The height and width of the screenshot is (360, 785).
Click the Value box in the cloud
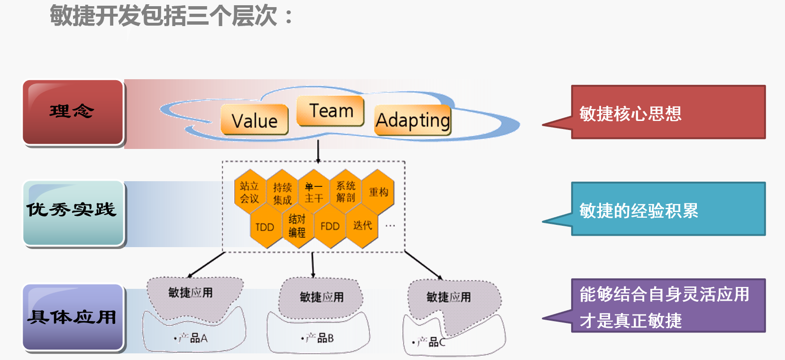tap(255, 120)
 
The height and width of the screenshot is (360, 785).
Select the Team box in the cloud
tap(330, 111)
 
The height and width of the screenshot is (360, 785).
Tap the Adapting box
tap(412, 120)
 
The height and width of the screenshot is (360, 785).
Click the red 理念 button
tap(73, 112)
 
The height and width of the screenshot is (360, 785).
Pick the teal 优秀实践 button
tap(73, 212)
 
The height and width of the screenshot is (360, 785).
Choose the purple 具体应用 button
tap(73, 317)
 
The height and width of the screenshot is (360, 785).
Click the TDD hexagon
tap(265, 227)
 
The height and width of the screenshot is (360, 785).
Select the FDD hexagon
tap(330, 226)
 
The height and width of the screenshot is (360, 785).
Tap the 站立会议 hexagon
tap(249, 192)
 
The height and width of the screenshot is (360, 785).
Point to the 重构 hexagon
tap(378, 192)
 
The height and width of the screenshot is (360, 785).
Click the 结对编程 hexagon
tap(297, 226)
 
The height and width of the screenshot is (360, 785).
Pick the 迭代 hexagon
tap(363, 225)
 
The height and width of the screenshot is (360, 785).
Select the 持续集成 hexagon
tap(283, 194)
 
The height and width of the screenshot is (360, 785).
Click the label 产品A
tap(194, 338)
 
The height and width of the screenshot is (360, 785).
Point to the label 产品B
tap(320, 338)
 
